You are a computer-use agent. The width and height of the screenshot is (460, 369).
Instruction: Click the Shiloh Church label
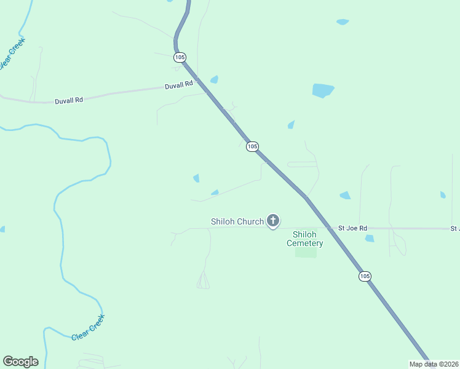click(x=237, y=221)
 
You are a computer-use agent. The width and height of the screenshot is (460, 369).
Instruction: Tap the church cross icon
click(x=273, y=221)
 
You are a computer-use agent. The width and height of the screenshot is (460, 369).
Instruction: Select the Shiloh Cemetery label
click(x=305, y=239)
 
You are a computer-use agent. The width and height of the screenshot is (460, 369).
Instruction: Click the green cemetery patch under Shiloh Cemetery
click(x=306, y=252)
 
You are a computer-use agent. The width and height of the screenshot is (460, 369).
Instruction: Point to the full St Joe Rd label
click(x=352, y=228)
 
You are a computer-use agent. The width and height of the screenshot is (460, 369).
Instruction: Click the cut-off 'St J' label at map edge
click(x=454, y=229)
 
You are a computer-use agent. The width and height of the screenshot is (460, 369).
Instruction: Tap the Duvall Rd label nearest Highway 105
click(x=179, y=85)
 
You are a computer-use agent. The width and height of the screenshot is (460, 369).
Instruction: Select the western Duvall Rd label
click(x=68, y=99)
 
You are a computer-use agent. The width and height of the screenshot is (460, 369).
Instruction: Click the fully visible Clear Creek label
click(x=89, y=327)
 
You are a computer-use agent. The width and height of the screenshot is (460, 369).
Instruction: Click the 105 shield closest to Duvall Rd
click(x=179, y=57)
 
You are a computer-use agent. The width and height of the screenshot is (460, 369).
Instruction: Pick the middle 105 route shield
click(x=252, y=146)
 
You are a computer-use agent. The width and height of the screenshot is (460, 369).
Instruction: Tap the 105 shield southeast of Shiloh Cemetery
click(x=365, y=276)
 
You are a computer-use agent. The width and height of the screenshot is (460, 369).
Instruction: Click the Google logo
click(x=20, y=362)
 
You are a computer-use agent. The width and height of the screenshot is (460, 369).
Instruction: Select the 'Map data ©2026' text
click(x=434, y=364)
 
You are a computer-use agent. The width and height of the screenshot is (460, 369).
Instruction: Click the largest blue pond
click(x=322, y=90)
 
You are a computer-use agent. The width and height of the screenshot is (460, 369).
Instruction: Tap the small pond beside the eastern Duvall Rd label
click(x=214, y=79)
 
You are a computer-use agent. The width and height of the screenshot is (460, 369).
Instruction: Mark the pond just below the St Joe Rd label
click(x=369, y=238)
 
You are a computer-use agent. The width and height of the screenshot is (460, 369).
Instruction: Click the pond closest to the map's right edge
click(x=443, y=195)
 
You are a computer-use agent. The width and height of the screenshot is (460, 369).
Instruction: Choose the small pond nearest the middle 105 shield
click(x=291, y=125)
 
